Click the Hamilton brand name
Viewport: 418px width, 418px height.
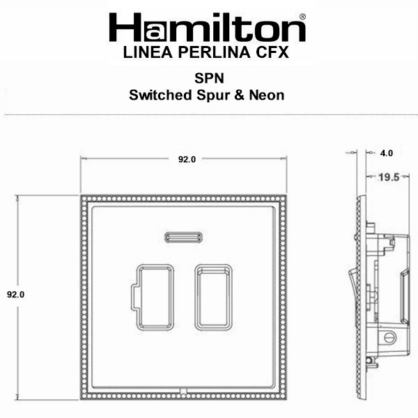click(207, 27)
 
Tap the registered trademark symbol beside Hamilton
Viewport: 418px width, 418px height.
click(302, 17)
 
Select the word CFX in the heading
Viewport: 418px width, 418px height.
click(272, 52)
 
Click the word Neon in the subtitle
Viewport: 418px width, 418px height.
click(267, 95)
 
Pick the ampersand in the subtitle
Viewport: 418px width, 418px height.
click(239, 95)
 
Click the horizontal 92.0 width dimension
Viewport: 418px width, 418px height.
click(187, 159)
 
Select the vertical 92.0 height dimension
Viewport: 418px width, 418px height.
click(16, 294)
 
